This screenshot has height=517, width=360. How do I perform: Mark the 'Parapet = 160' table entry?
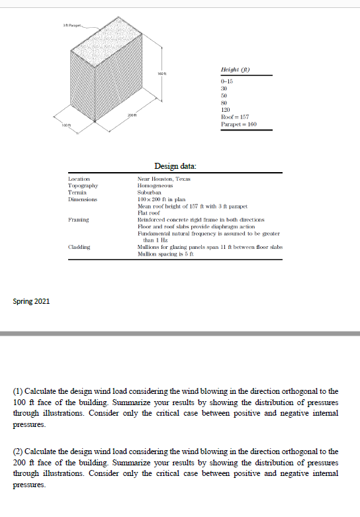[236, 124]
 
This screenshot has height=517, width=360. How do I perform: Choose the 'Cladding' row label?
[80, 246]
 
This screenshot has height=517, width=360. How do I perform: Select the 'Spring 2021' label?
[30, 302]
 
